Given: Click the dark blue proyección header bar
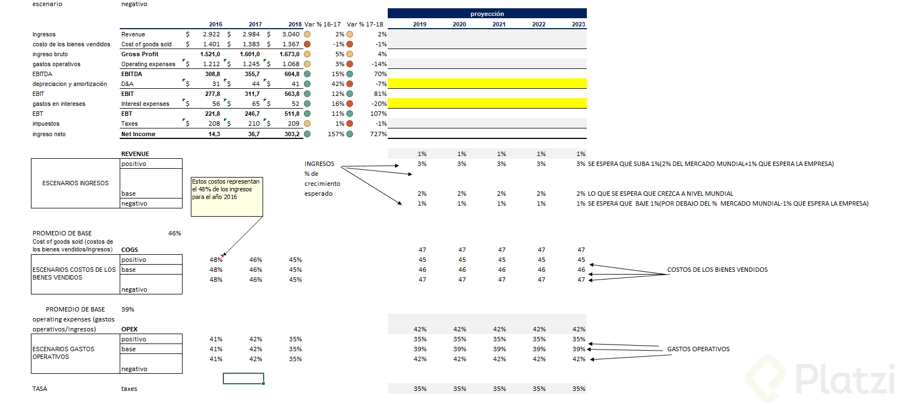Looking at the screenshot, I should point(487,14).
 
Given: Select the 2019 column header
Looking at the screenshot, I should point(420,24).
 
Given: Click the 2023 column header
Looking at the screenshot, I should point(579,24).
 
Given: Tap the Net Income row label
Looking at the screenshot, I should point(138,134).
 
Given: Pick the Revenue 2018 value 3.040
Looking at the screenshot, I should point(291,34).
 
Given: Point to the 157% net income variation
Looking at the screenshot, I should point(336,134).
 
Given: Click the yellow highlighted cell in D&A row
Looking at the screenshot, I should point(487,84).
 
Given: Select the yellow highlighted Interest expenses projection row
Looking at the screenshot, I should point(487,104).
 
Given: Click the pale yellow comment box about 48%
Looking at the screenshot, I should point(227,196).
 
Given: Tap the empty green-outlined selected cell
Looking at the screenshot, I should point(243,379).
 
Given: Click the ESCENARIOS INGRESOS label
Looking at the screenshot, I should point(76,183).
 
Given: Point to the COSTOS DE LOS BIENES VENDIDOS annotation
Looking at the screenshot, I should point(717,270).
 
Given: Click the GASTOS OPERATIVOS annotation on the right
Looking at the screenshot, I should point(698,349).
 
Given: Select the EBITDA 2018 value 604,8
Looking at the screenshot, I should point(292,74).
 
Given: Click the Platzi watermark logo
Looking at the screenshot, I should point(822,379).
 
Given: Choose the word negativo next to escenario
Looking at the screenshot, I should point(134,4).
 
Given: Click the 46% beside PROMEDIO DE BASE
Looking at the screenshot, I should point(174,233).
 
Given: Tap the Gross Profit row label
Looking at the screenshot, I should point(140,54).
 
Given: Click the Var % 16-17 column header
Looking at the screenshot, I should point(323,24).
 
